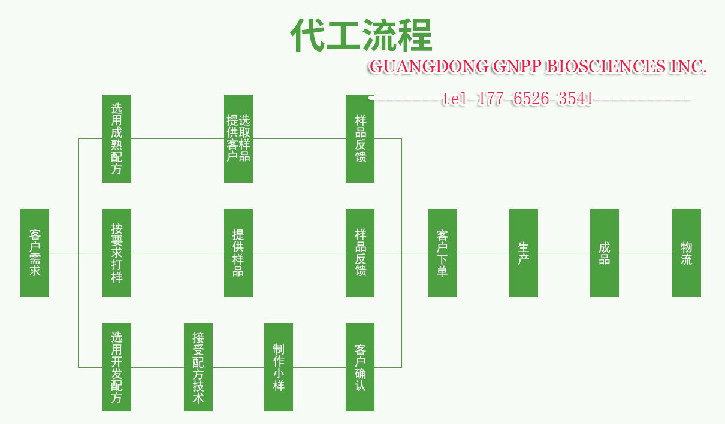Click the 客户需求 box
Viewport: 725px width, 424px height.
click(x=35, y=253)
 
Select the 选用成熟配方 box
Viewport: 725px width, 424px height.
click(x=117, y=138)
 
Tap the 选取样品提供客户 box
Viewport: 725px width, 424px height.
click(x=238, y=138)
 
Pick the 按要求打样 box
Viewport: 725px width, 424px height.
click(x=117, y=253)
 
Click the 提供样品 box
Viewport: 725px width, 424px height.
click(x=238, y=253)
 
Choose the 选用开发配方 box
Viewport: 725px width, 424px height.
click(x=117, y=367)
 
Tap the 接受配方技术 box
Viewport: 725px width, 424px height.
click(x=198, y=367)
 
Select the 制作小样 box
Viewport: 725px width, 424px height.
click(x=279, y=367)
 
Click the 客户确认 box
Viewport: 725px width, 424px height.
click(x=360, y=367)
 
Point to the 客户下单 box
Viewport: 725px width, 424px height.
click(x=442, y=253)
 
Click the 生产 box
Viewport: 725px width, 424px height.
click(x=524, y=253)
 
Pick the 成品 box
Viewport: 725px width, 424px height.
click(x=605, y=253)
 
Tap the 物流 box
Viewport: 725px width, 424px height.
click(x=687, y=253)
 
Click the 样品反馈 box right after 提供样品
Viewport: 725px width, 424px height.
click(x=360, y=253)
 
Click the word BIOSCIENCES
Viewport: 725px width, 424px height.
click(x=604, y=66)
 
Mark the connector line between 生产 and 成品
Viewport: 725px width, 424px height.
click(x=564, y=253)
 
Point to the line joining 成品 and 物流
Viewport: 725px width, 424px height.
click(x=645, y=253)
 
